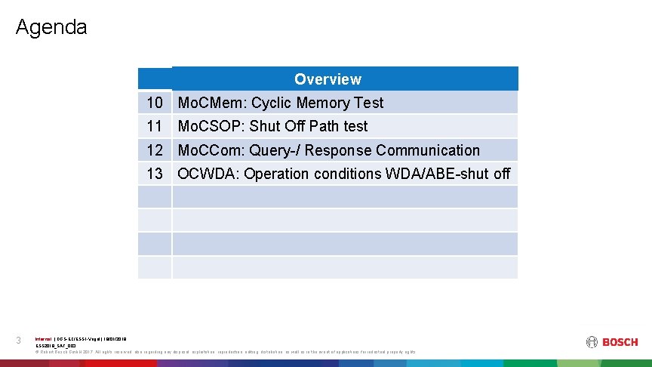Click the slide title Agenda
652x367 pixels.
click(51, 28)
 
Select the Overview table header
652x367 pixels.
click(328, 79)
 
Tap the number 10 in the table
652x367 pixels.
click(155, 103)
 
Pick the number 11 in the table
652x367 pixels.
click(155, 126)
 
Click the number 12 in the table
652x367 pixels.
click(155, 150)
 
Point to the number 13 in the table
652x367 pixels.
click(155, 174)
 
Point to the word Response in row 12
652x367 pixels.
click(340, 150)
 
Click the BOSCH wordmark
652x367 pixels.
click(620, 342)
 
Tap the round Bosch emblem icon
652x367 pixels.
click(591, 342)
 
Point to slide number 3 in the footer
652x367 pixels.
click(19, 341)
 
